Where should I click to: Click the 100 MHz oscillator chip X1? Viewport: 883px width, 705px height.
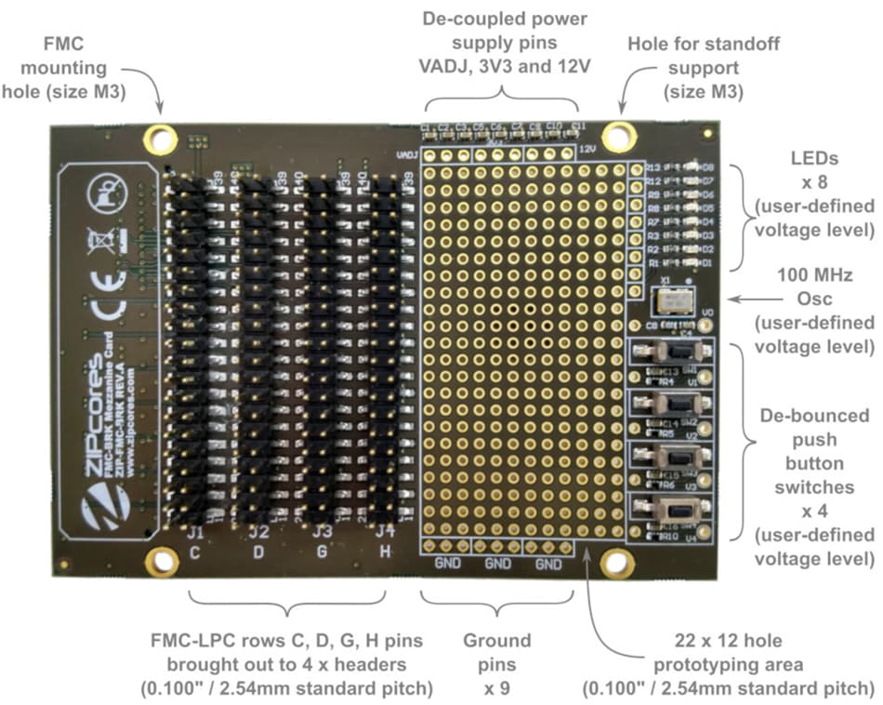coord(672,299)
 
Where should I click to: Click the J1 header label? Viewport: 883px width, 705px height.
coord(195,533)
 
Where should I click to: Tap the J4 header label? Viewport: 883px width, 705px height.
coord(382,533)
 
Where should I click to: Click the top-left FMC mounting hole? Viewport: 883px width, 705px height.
coord(160,140)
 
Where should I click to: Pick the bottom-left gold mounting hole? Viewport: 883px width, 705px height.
coord(163,561)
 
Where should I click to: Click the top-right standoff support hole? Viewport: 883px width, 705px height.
coord(615,136)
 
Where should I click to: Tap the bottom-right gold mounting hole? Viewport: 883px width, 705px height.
coord(614,562)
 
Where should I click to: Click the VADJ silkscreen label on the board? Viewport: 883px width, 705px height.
coord(405,154)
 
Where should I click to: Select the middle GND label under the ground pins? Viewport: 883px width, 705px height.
coord(498,564)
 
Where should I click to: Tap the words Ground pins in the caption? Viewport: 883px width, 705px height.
coord(498,651)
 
